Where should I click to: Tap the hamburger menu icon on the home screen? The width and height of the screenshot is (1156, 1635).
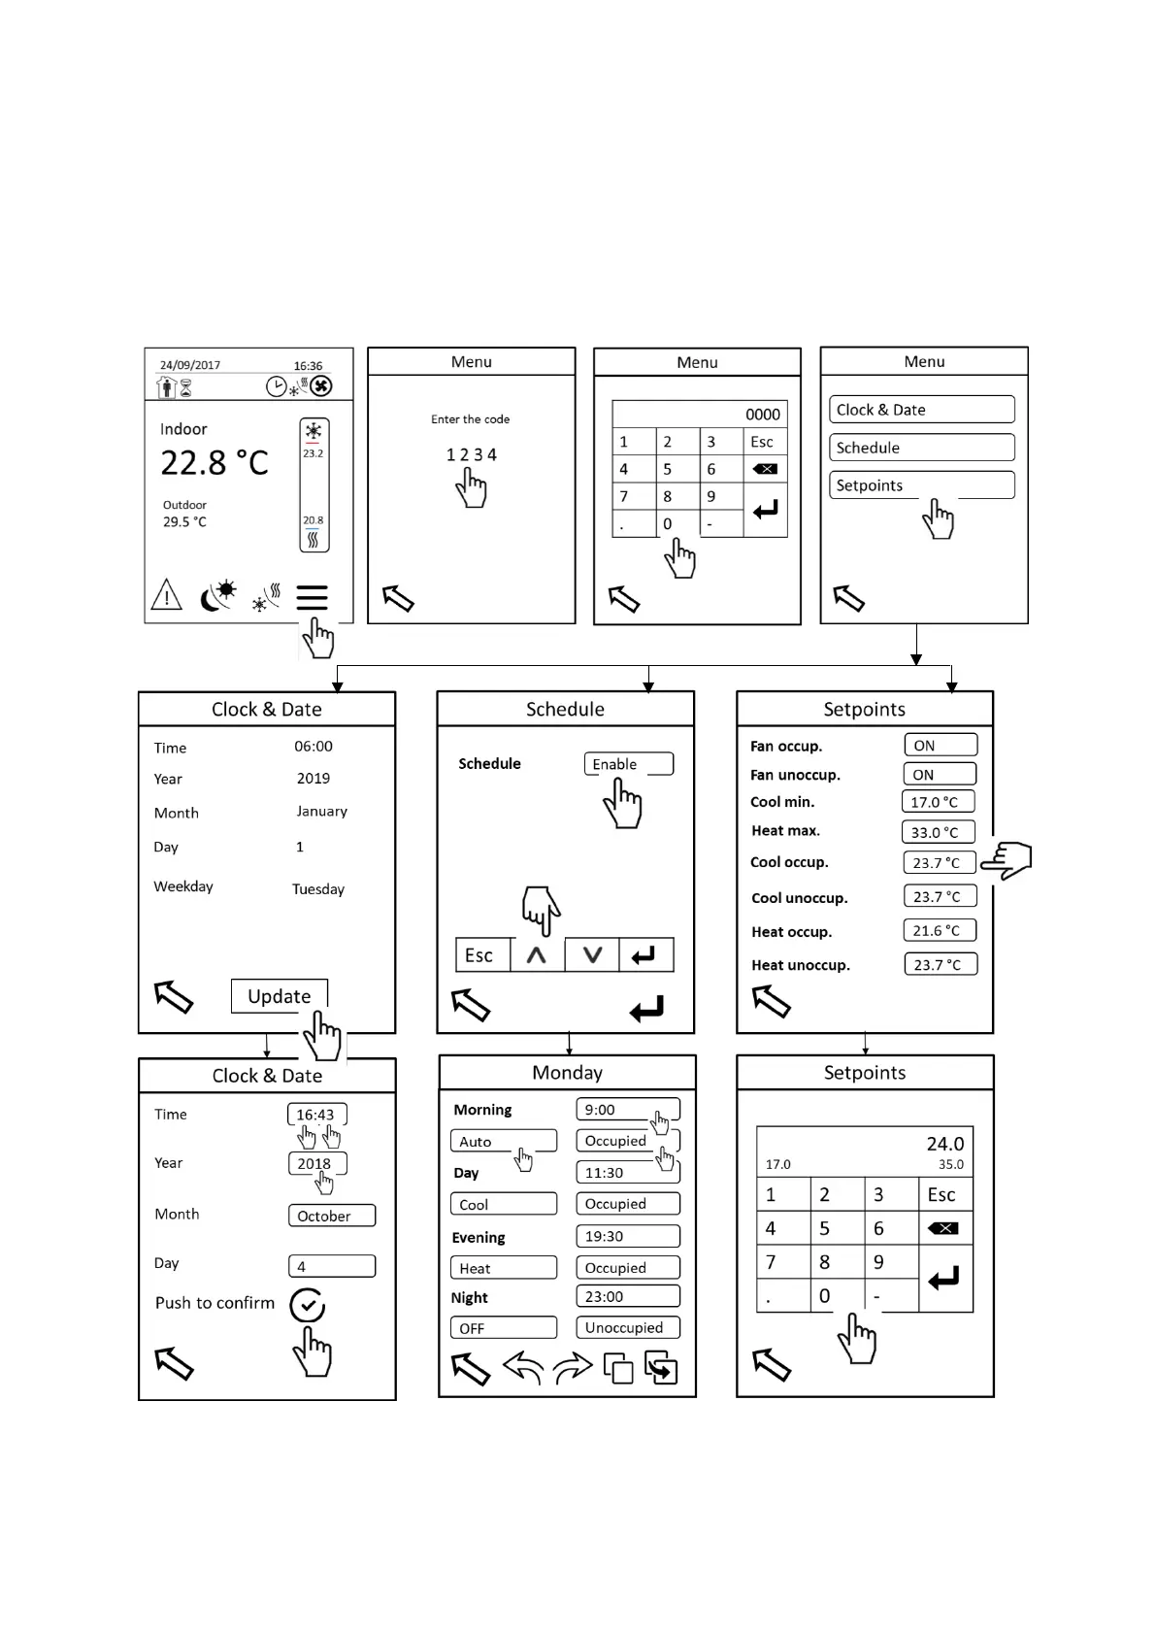[312, 596]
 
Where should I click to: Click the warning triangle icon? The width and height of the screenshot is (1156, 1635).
[167, 594]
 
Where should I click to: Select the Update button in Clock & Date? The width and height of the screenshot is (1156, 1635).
[279, 996]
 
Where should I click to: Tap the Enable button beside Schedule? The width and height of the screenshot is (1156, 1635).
[627, 764]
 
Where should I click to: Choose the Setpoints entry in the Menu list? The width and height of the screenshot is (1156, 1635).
[920, 485]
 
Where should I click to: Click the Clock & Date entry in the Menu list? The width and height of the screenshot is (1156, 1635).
[920, 410]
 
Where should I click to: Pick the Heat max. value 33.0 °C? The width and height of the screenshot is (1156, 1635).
[937, 832]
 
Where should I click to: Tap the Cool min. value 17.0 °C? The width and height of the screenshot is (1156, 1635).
[937, 802]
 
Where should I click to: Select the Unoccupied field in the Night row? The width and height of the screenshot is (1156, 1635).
[627, 1327]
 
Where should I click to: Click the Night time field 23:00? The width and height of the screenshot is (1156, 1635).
[627, 1296]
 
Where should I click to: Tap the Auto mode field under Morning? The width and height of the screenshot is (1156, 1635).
[503, 1142]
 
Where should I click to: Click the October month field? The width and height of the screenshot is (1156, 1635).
[331, 1216]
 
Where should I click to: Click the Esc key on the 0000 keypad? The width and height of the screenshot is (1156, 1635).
[763, 442]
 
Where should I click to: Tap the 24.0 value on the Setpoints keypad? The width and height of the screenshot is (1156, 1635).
[944, 1144]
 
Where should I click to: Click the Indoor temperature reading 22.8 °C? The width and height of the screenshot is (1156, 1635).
[214, 463]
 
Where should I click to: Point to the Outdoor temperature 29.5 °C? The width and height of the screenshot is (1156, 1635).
[184, 521]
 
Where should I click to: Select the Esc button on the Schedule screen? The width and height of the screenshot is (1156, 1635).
[479, 955]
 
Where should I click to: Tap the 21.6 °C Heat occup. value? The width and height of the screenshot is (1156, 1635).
[938, 930]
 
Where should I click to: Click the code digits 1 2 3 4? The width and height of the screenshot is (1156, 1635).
[471, 454]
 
